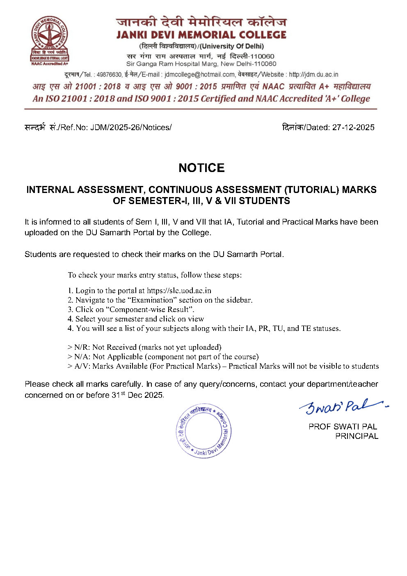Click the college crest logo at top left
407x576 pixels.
tap(50, 41)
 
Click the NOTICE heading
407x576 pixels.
tap(201, 168)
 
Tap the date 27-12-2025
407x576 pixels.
tap(353, 127)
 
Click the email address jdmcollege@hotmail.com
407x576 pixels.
tap(200, 74)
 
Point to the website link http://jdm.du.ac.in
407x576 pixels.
tap(313, 74)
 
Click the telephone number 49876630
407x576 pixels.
tap(109, 74)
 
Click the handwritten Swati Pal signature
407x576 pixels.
tap(343, 406)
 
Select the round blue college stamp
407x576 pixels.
tap(203, 430)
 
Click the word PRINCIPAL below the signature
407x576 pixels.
tap(357, 436)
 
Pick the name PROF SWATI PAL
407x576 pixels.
tap(343, 427)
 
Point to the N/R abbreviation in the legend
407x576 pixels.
tap(81, 347)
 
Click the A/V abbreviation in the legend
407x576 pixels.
tap(82, 366)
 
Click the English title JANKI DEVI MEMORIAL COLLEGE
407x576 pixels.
tap(201, 34)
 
